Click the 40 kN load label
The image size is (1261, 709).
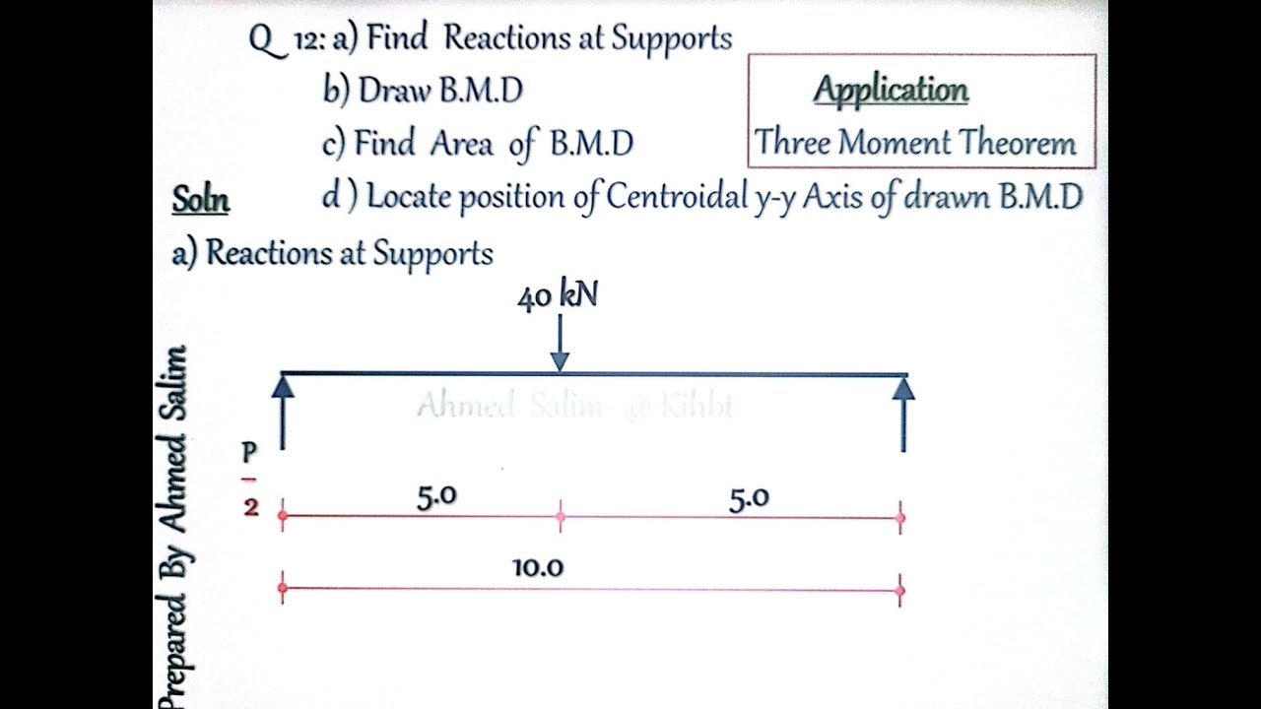click(557, 296)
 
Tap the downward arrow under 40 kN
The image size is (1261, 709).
click(560, 345)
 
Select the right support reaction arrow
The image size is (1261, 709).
click(903, 414)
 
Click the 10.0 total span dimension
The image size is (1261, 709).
click(538, 568)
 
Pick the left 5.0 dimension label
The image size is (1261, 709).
click(436, 496)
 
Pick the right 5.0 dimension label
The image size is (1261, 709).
click(749, 499)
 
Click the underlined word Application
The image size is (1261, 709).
click(891, 91)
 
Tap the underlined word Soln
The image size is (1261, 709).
click(200, 200)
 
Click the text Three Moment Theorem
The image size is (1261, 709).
click(915, 144)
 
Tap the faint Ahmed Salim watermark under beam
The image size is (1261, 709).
click(574, 406)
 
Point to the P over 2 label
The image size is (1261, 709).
click(249, 480)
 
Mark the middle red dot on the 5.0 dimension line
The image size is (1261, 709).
click(561, 516)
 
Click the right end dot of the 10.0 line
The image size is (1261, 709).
click(900, 591)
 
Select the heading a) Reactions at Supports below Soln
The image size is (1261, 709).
click(332, 253)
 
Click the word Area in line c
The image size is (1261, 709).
click(461, 145)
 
